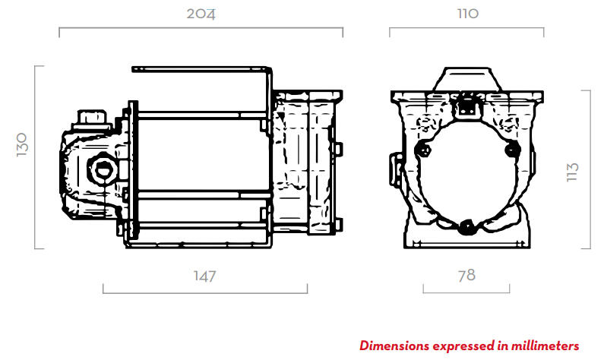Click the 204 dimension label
point(201,14)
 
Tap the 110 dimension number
point(468,14)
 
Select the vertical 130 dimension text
point(22,144)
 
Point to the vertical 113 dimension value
point(573,172)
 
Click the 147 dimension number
point(204,276)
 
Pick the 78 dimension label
point(466,275)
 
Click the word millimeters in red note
point(545,346)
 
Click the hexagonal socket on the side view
point(103,169)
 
